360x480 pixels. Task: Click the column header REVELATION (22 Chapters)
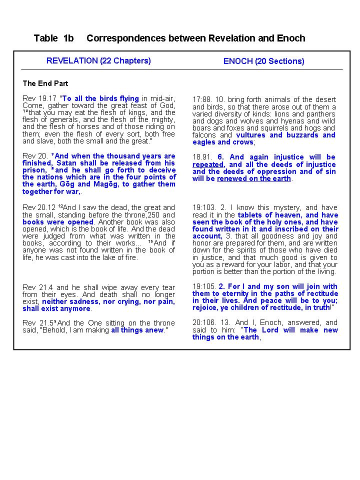[98, 61]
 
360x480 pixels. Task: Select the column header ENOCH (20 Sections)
[263, 61]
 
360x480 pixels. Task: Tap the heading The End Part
[45, 83]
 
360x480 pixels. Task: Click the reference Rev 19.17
[40, 98]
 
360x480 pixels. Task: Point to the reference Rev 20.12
[40, 207]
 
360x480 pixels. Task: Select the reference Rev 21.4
[38, 287]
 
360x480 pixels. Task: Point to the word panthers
[321, 114]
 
